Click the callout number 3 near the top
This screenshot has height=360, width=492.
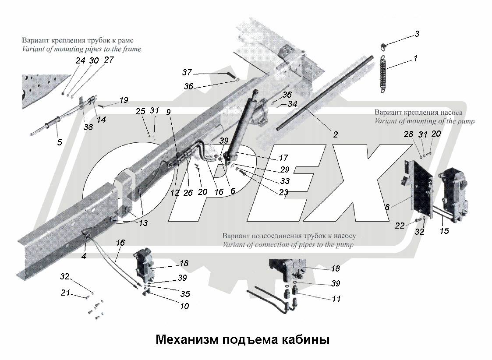(x=417, y=34)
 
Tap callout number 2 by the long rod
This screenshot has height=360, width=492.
(x=335, y=135)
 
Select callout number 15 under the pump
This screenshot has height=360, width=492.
(x=444, y=230)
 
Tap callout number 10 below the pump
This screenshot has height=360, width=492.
(x=184, y=306)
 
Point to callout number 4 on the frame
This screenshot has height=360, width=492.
(x=83, y=256)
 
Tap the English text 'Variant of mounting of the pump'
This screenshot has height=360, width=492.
(x=424, y=121)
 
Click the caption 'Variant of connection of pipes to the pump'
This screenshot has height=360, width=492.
(x=288, y=244)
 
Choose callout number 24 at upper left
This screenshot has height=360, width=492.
(x=80, y=61)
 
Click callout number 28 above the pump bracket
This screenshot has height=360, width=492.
(x=408, y=134)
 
